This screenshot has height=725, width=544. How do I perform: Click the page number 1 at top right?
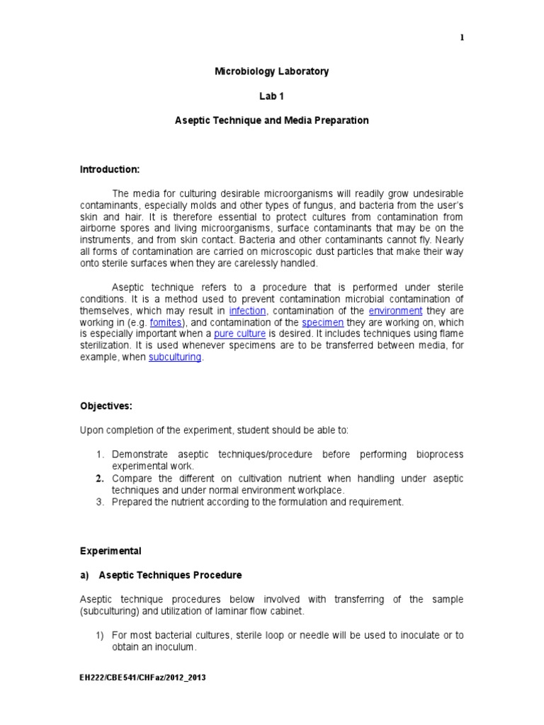[x=462, y=38]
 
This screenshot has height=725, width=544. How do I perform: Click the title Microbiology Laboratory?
[x=272, y=72]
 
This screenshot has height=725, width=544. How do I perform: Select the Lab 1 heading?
[x=272, y=96]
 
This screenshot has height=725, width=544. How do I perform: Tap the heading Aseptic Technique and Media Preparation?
[x=272, y=120]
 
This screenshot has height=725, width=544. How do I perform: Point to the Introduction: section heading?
[x=109, y=169]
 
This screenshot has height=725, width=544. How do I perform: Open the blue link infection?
[x=247, y=311]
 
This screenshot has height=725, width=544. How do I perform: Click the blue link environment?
[x=395, y=311]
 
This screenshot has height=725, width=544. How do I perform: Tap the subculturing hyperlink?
[x=176, y=358]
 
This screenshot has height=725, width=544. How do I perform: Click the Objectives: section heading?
[x=106, y=406]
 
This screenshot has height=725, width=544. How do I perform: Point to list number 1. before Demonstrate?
[x=101, y=454]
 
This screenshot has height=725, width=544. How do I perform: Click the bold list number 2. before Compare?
[x=101, y=479]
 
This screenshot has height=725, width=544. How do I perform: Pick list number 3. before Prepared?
[x=101, y=502]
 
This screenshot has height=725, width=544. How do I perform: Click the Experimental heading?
[x=110, y=551]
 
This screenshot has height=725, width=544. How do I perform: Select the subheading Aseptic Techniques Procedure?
[x=170, y=575]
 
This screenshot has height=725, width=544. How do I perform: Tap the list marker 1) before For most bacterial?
[x=101, y=635]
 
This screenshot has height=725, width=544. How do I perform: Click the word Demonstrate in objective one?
[x=142, y=454]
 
